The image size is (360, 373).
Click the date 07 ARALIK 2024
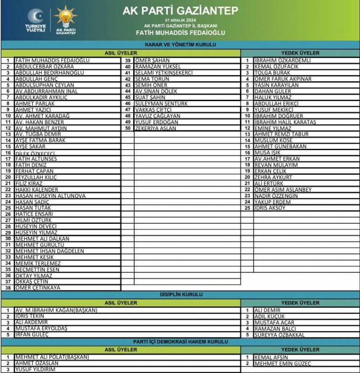click(180, 20)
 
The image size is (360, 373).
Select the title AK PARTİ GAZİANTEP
click(180, 10)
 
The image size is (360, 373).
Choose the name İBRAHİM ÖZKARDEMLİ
click(283, 61)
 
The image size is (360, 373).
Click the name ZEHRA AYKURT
click(273, 178)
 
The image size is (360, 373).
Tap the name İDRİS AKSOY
click(270, 208)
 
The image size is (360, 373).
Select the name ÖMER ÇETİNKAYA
click(38, 288)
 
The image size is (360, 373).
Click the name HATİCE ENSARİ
click(34, 214)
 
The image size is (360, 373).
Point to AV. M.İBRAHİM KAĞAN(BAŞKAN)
click(56, 311)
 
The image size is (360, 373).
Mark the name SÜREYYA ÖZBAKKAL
click(279, 335)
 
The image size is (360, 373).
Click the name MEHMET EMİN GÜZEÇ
click(283, 364)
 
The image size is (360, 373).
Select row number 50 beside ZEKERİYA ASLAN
click(128, 128)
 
